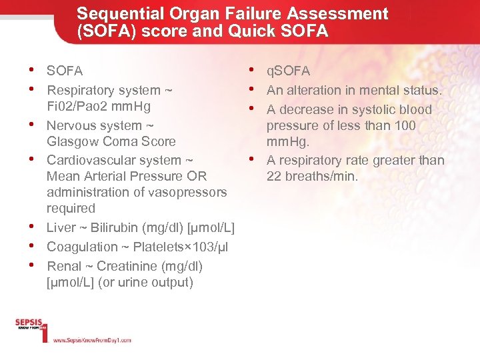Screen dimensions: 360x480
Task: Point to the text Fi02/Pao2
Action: (x=85, y=107)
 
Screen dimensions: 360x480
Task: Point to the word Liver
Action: (x=61, y=228)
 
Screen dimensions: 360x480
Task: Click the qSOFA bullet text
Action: (x=288, y=71)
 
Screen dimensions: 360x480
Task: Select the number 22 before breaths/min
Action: (x=273, y=176)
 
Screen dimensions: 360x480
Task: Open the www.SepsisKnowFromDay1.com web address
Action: (x=92, y=340)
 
